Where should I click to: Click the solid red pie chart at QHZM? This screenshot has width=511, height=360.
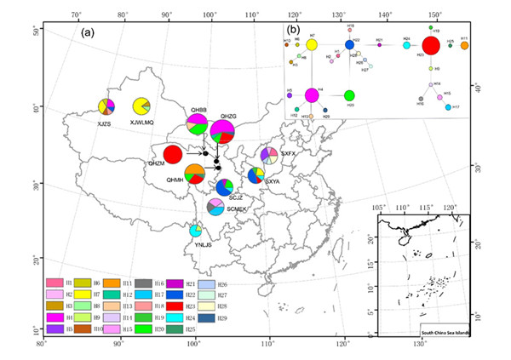[x=173, y=155]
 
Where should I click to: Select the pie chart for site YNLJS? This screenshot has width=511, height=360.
[x=196, y=230]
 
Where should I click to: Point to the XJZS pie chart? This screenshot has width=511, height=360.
[x=105, y=106]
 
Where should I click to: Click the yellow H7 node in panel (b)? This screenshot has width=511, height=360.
[x=313, y=44]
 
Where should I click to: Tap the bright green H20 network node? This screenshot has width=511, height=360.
[x=349, y=94]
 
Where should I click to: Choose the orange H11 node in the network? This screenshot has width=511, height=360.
[x=464, y=46]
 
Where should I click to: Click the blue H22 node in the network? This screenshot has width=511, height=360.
[x=350, y=44]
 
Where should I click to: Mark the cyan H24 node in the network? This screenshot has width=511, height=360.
[x=406, y=44]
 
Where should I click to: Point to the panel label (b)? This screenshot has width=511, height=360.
[x=292, y=30]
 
